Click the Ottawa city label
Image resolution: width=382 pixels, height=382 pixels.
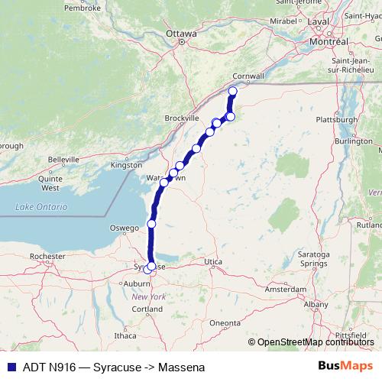pyautogui.click(x=181, y=34)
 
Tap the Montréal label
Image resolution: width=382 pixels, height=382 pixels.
pyautogui.click(x=329, y=41)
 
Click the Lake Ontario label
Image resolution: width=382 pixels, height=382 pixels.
pyautogui.click(x=41, y=207)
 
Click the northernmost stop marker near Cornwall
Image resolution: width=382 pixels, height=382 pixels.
pyautogui.click(x=233, y=92)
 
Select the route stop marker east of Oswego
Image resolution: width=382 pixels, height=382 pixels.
pyautogui.click(x=151, y=223)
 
